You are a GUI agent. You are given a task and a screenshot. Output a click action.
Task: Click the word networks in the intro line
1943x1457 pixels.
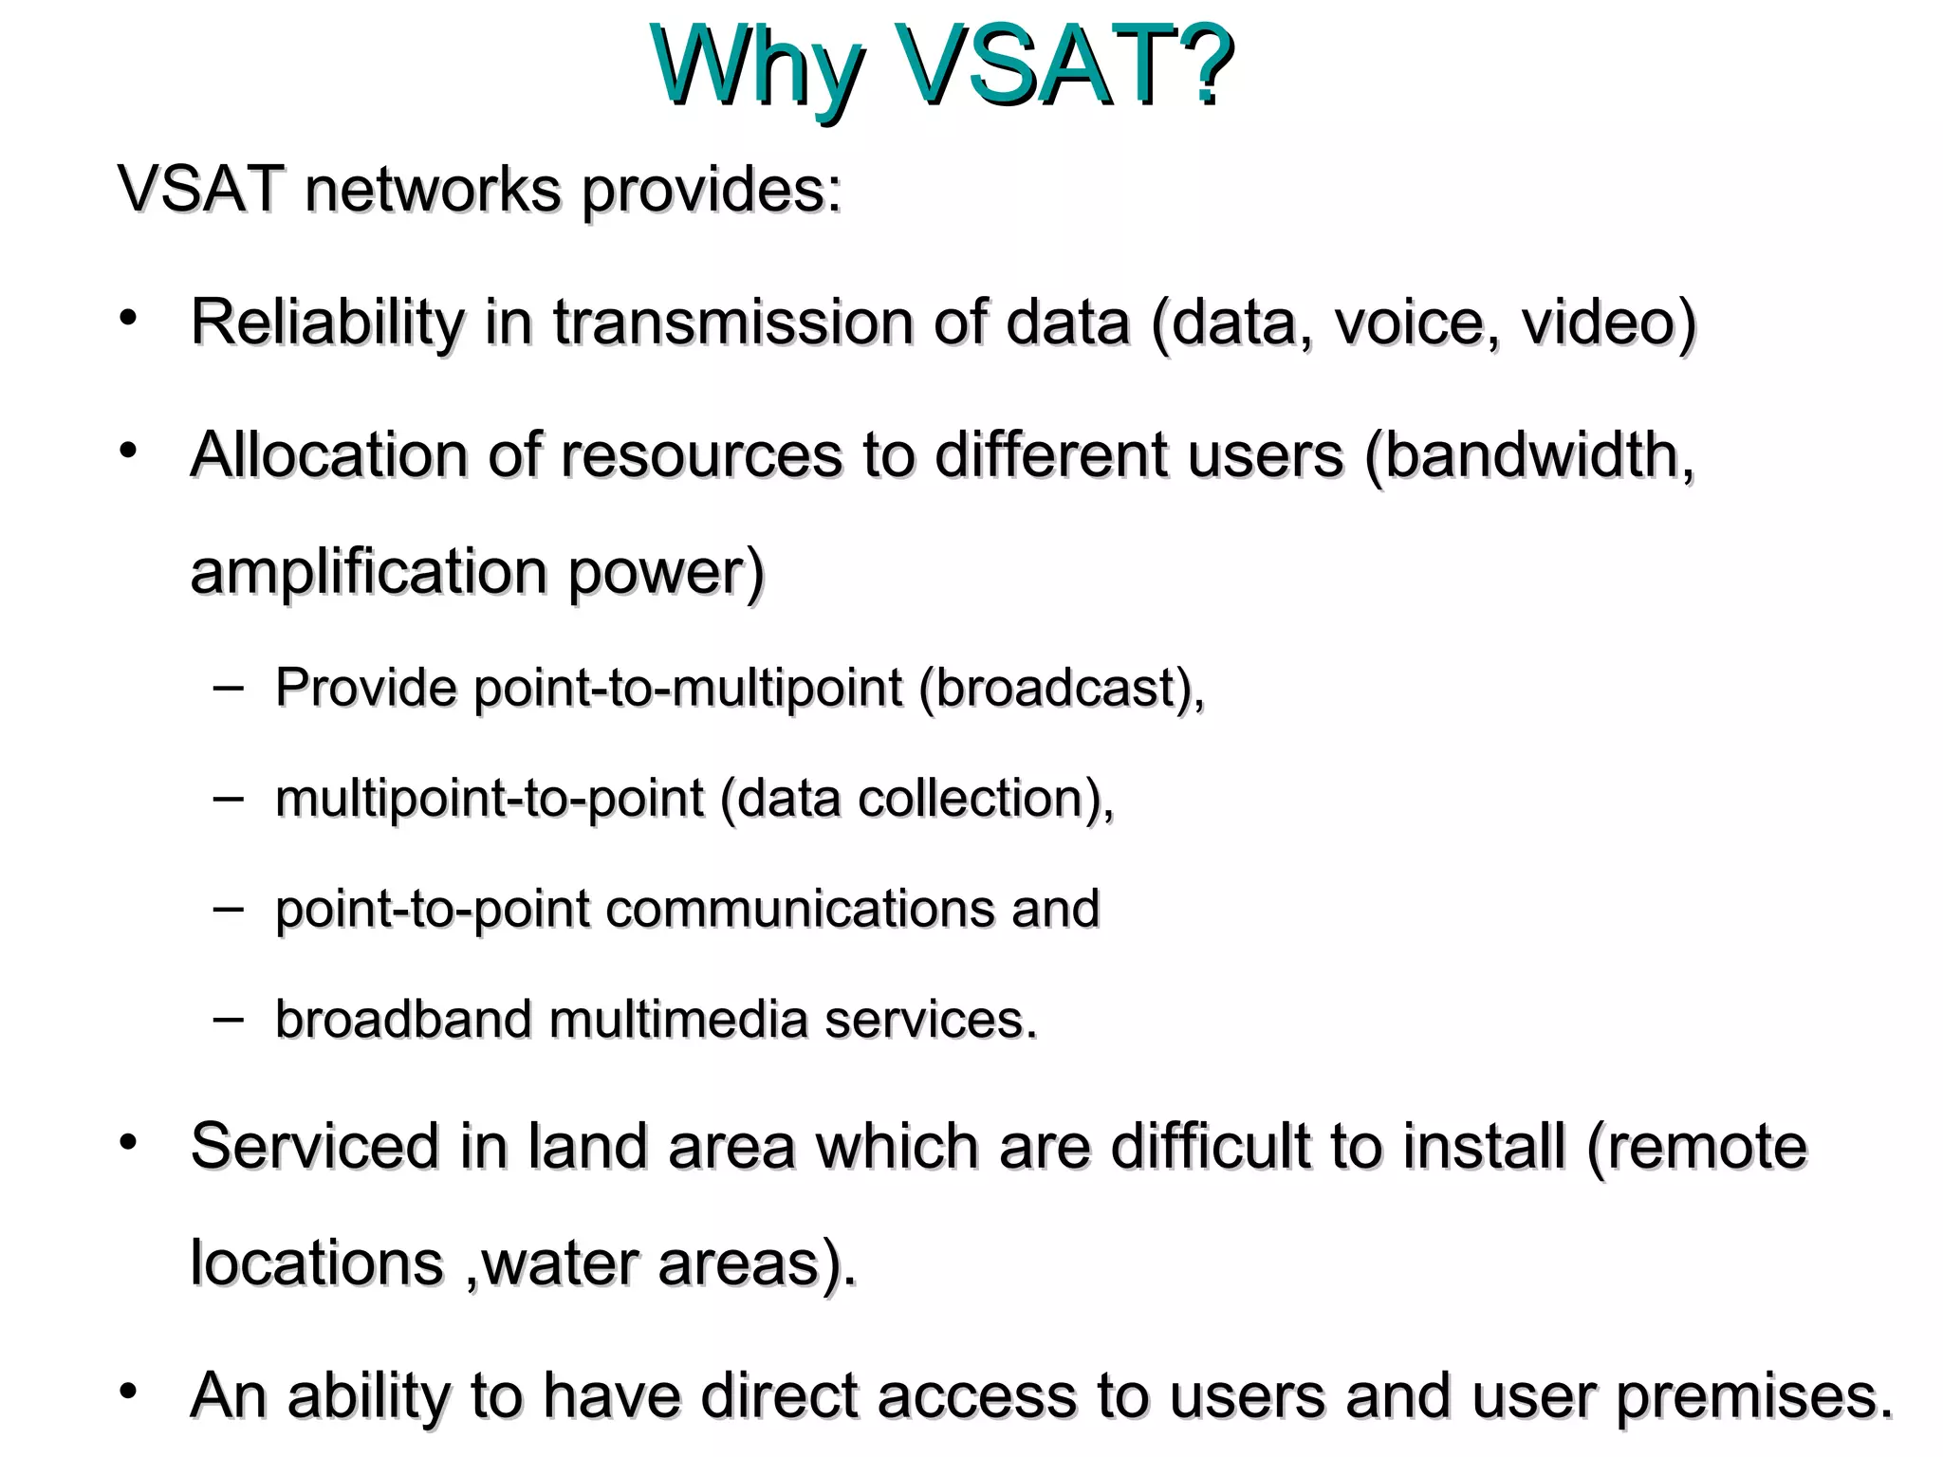[x=433, y=189]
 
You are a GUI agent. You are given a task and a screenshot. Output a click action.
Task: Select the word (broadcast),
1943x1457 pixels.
[x=1062, y=687]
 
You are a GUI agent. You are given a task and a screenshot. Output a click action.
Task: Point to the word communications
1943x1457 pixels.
[x=800, y=909]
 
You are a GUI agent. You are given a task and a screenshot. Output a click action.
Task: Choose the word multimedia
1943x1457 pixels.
[x=677, y=1020]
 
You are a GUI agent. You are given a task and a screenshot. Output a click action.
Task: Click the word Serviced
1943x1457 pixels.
[x=314, y=1146]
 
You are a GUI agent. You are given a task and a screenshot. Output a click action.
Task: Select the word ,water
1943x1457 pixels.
[x=551, y=1264]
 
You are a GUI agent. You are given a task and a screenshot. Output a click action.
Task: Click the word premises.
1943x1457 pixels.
[x=1754, y=1397]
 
